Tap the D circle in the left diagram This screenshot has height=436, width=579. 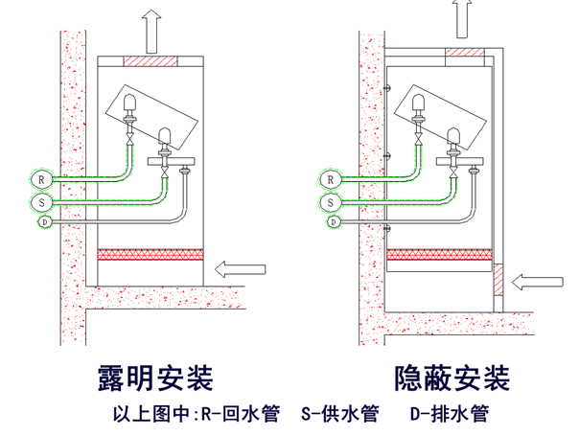tap(44, 222)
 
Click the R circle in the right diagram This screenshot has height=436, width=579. tap(330, 178)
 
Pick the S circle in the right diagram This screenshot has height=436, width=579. tap(330, 202)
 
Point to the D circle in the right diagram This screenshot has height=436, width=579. tap(333, 222)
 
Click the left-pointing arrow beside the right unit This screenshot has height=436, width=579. tap(537, 281)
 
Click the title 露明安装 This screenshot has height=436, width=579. tap(153, 377)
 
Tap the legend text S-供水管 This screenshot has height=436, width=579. tap(340, 415)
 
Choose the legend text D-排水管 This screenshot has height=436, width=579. tap(449, 415)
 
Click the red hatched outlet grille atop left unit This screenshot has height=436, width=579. tap(151, 61)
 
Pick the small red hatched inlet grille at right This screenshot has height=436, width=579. tap(498, 279)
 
